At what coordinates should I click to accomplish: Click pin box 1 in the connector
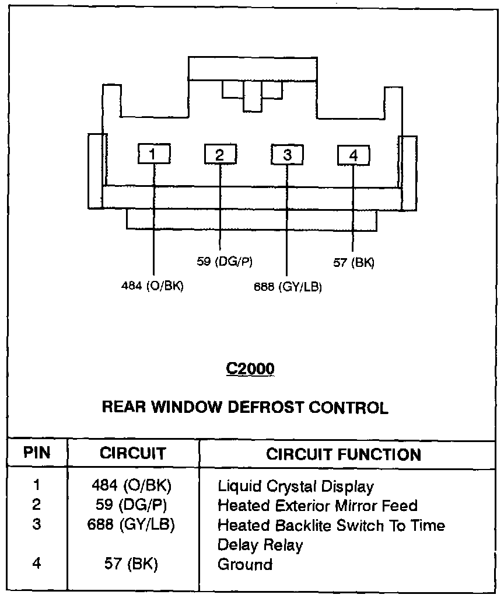pyautogui.click(x=154, y=154)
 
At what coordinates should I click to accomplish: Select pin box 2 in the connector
pyautogui.click(x=220, y=154)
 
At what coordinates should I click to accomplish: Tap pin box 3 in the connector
pyautogui.click(x=287, y=154)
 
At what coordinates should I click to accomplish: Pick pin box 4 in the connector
pyautogui.click(x=353, y=155)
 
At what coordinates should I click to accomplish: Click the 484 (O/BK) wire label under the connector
pyautogui.click(x=152, y=286)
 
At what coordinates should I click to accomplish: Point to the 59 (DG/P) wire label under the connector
pyautogui.click(x=225, y=262)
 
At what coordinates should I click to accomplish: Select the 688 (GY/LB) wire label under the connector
pyautogui.click(x=288, y=287)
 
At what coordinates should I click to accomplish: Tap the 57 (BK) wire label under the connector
pyautogui.click(x=354, y=262)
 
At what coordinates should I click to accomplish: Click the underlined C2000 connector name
pyautogui.click(x=250, y=369)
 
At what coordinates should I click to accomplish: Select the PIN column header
pyautogui.click(x=37, y=453)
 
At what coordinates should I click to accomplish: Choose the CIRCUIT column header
pyautogui.click(x=133, y=453)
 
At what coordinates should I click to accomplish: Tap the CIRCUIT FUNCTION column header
pyautogui.click(x=344, y=454)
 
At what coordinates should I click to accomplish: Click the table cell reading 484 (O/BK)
pyautogui.click(x=131, y=485)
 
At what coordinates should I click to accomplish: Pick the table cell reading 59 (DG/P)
pyautogui.click(x=131, y=505)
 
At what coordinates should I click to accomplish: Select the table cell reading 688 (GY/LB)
pyautogui.click(x=131, y=524)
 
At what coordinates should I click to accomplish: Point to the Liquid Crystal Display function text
pyautogui.click(x=296, y=486)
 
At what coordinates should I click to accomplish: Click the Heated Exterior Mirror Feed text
pyautogui.click(x=318, y=506)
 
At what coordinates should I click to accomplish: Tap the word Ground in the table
pyautogui.click(x=245, y=565)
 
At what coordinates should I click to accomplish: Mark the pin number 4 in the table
pyautogui.click(x=37, y=564)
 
